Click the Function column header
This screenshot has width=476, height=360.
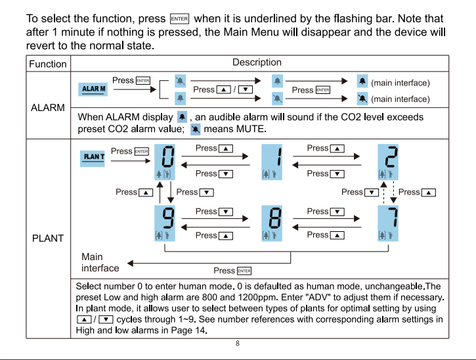tap(48, 64)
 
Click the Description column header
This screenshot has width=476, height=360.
tap(257, 62)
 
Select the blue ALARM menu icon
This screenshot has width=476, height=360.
tap(93, 89)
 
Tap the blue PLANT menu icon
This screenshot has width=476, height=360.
tap(93, 158)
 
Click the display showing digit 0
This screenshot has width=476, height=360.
tap(165, 162)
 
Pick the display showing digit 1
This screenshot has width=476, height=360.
tap(272, 162)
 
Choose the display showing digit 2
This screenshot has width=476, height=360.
tap(388, 162)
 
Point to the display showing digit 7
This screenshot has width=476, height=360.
tap(388, 223)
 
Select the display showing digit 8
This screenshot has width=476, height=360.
tap(272, 223)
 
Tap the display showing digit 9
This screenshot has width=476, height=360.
tap(165, 223)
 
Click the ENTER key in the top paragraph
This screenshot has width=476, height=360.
tap(179, 19)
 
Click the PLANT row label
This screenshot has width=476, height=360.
tap(48, 238)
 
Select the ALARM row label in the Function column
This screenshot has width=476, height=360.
tap(48, 108)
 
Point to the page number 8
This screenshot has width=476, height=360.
tap(238, 344)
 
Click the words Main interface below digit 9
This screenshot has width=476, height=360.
tap(100, 263)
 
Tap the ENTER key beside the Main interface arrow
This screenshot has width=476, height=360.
tap(244, 271)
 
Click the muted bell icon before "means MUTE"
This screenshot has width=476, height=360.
tap(196, 129)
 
